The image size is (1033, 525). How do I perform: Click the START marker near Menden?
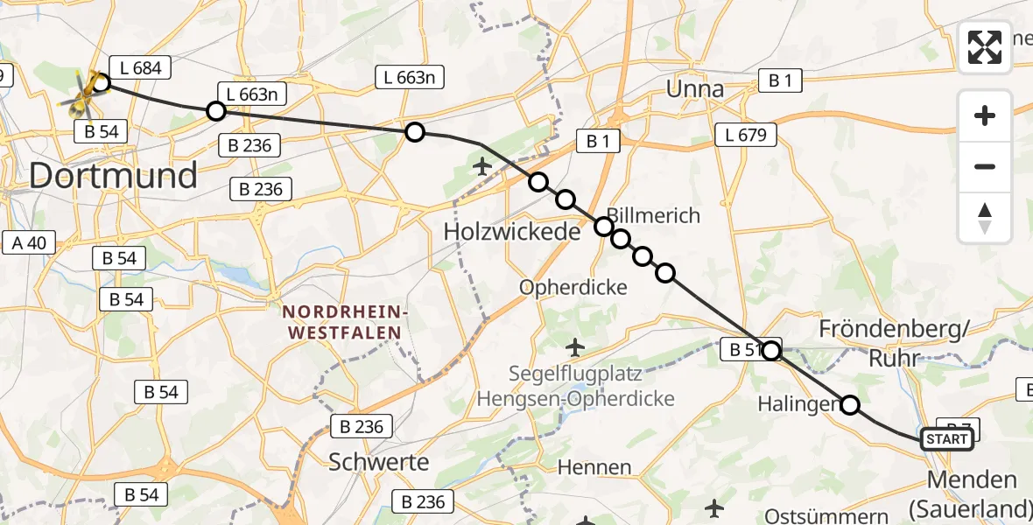(947, 439)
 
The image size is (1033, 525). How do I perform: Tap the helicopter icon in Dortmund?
(81, 95)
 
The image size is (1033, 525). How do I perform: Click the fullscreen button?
(985, 47)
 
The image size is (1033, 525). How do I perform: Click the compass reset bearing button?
(985, 218)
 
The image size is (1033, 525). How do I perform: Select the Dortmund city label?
(113, 176)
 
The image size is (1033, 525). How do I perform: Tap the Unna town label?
(695, 89)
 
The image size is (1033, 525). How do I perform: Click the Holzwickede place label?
(512, 232)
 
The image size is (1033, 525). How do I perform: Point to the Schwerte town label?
(379, 462)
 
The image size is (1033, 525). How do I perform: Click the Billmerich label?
(654, 215)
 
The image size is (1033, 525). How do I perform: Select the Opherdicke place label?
(573, 287)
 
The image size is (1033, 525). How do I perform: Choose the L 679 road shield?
(745, 135)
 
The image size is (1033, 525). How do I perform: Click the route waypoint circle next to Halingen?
(850, 405)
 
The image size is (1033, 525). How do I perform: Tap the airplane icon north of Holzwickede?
(481, 164)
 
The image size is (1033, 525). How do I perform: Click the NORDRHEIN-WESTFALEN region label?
(341, 323)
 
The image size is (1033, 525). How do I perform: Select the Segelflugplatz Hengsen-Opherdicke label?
(575, 387)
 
